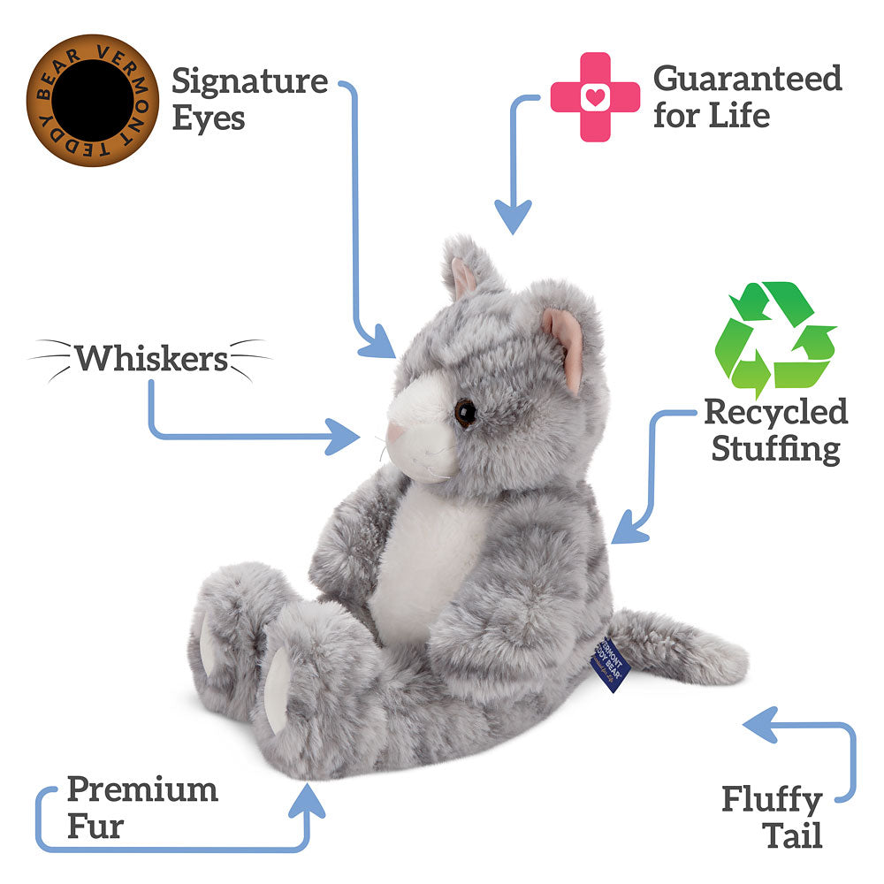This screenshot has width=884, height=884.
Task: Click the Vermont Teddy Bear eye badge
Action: click(92, 99)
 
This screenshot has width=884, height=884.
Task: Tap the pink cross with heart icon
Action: click(595, 96)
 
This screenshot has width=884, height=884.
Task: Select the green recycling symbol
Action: click(774, 339)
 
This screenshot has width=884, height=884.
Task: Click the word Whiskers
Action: click(151, 359)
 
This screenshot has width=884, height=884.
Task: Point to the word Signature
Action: click(250, 82)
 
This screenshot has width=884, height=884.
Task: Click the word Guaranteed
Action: click(747, 79)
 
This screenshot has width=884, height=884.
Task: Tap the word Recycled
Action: click(775, 412)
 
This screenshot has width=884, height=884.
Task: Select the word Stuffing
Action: click(775, 448)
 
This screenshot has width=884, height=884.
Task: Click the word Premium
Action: click(142, 789)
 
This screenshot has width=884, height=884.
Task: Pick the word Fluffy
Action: click(772, 800)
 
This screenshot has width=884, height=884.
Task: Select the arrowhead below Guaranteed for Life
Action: click(513, 217)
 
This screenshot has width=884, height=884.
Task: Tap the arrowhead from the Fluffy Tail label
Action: click(758, 724)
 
